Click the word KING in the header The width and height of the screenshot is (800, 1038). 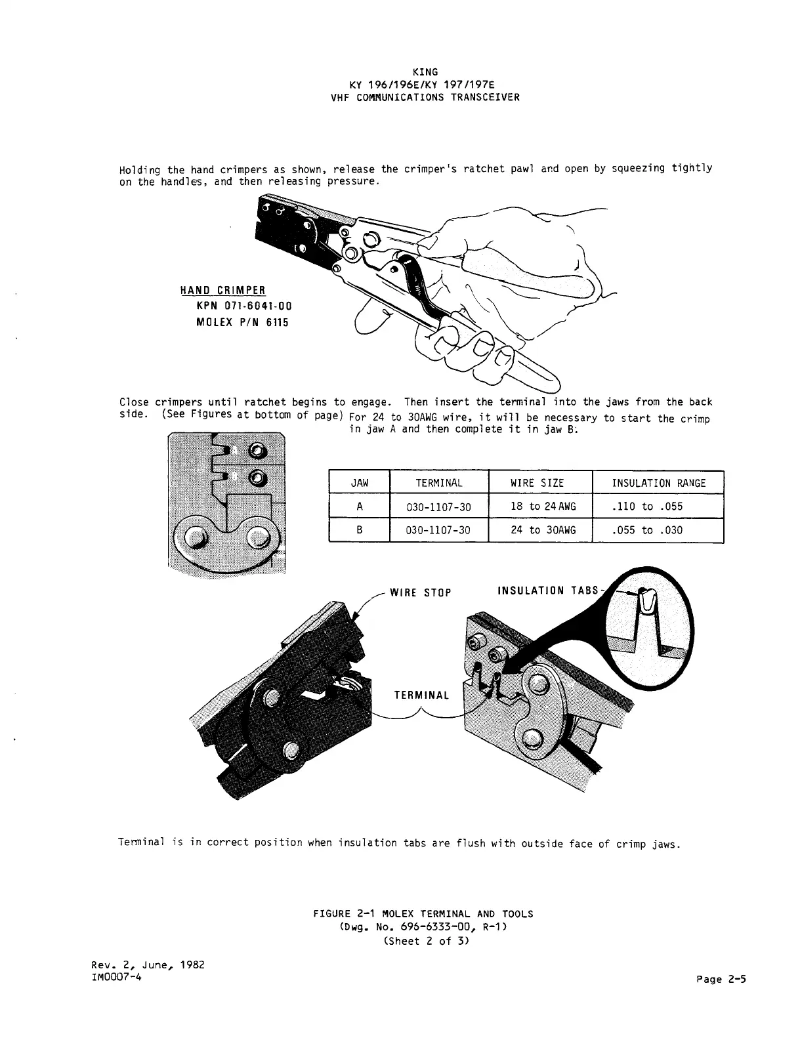tap(425, 72)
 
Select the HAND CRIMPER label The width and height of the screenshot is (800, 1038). tap(223, 291)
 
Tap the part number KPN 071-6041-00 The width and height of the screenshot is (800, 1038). tap(243, 306)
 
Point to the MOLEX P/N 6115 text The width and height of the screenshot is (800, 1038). tap(243, 323)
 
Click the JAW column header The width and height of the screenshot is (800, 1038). tap(360, 483)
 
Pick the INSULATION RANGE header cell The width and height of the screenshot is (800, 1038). tap(658, 483)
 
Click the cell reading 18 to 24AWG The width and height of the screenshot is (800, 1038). tap(543, 507)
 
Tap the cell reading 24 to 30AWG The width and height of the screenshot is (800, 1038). tap(543, 530)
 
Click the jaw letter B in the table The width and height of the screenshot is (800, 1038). tap(360, 530)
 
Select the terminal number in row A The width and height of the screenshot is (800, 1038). tap(438, 507)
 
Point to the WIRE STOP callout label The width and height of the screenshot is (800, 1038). tap(421, 593)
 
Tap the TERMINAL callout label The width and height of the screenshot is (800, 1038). tap(421, 695)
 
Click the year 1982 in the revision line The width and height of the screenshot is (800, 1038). tap(191, 965)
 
